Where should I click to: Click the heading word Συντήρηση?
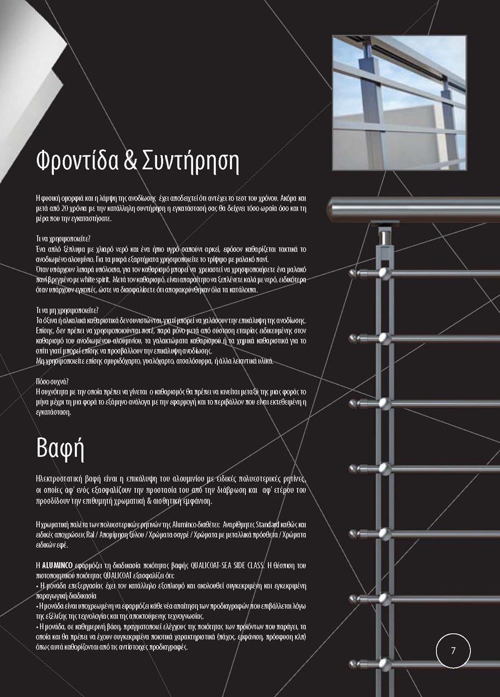click(x=191, y=162)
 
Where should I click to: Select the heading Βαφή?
click(x=60, y=448)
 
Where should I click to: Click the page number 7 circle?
click(x=453, y=650)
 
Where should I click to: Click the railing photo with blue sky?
click(x=399, y=102)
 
